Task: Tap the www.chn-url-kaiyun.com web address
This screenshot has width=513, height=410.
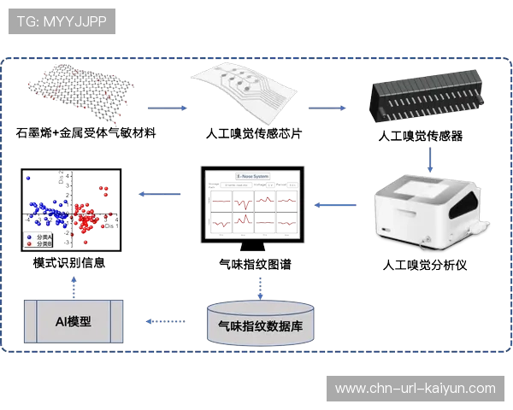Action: [x=415, y=389]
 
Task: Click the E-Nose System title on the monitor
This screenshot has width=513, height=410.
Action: [x=253, y=177]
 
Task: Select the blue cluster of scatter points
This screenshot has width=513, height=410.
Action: [x=51, y=214]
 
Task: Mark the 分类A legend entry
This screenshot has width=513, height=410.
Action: [x=41, y=237]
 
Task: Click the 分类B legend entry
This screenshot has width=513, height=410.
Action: [x=41, y=244]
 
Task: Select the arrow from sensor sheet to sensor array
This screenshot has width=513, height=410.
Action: [x=328, y=108]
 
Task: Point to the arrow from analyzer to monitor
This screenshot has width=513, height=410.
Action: [x=334, y=204]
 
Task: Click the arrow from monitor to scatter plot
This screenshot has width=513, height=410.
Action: [x=161, y=195]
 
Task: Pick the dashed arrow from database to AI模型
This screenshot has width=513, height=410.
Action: [x=165, y=321]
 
